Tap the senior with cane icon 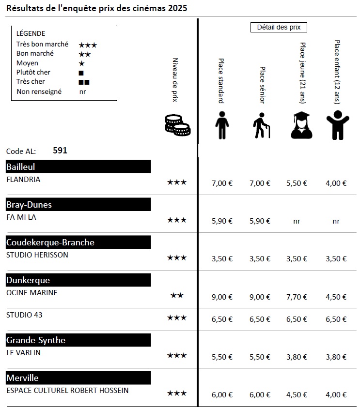click(x=262, y=125)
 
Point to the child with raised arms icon click(x=336, y=125)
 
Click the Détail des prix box click(x=279, y=28)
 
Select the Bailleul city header click(x=78, y=167)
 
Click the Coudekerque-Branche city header click(x=78, y=242)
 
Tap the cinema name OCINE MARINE click(x=32, y=292)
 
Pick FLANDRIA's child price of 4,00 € click(x=336, y=183)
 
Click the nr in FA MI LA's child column click(x=336, y=221)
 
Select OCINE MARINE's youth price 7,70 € click(x=297, y=297)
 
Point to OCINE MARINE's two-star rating click(x=177, y=295)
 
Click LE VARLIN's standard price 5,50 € click(x=222, y=357)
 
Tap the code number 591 click(x=60, y=151)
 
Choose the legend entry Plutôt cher click(x=33, y=72)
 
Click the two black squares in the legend click(x=84, y=82)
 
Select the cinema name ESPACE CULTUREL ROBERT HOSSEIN click(x=67, y=390)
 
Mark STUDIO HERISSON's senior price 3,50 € click(x=260, y=258)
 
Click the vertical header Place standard click(x=221, y=81)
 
